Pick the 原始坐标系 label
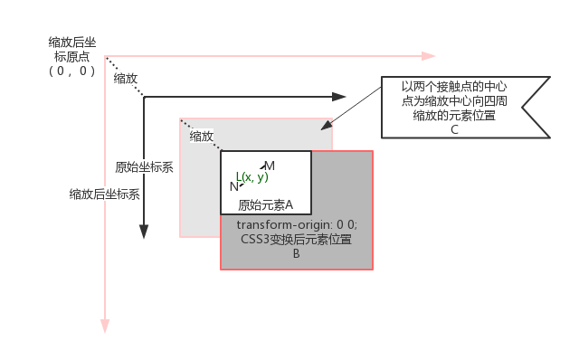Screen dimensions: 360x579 point(145,167)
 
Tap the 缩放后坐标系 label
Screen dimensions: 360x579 point(105,194)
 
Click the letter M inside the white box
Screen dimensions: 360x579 point(270,166)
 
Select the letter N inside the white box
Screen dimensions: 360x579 point(234,186)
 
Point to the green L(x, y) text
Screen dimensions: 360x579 point(252,176)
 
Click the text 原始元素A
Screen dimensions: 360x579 point(266,204)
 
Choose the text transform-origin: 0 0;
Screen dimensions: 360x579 point(297,224)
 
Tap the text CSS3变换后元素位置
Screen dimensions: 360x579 point(297,240)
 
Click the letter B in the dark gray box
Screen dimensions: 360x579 point(296,254)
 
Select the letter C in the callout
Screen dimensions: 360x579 point(454,128)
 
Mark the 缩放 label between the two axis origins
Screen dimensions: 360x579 point(127,79)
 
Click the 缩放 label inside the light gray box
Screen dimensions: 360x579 point(201,137)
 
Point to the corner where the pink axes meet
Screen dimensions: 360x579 point(106,58)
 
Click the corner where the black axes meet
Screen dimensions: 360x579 point(145,96)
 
